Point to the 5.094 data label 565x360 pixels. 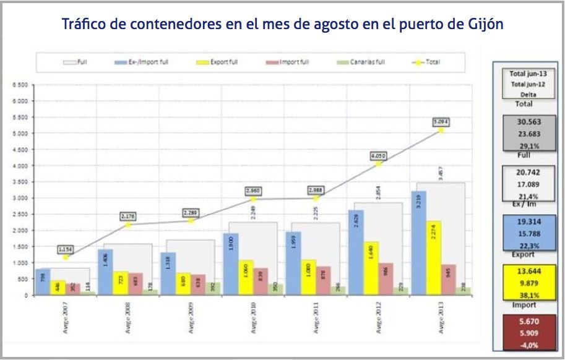pyautogui.click(x=441, y=122)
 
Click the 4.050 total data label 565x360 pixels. pyautogui.click(x=378, y=156)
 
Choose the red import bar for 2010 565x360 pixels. pyautogui.click(x=262, y=281)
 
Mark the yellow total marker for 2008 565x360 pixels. pyautogui.click(x=128, y=225)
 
